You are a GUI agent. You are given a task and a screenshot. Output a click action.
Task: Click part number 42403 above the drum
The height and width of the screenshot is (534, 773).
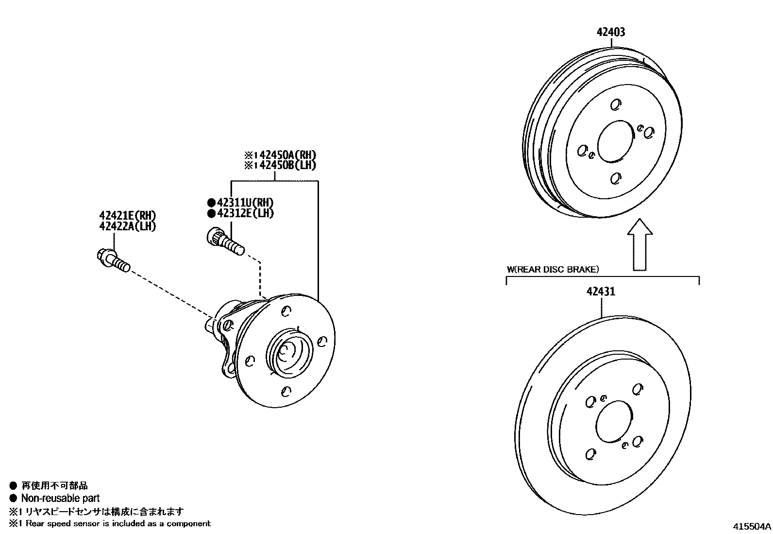coord(611,32)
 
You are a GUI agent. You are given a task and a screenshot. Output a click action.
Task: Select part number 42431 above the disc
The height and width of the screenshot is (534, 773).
coord(601,292)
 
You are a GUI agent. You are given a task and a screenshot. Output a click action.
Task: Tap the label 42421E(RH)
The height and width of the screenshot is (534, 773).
coord(128,216)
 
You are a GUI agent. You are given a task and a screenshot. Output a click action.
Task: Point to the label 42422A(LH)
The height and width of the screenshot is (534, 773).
coord(128,226)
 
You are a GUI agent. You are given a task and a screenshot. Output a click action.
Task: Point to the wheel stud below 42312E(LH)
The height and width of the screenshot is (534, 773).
coord(226,242)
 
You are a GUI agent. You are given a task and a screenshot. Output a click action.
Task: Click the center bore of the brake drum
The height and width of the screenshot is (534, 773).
coord(616,142)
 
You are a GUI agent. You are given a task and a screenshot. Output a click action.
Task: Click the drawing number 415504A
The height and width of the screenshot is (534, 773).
coord(752,526)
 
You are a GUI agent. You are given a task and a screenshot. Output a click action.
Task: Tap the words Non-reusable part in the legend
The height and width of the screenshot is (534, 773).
coord(60,498)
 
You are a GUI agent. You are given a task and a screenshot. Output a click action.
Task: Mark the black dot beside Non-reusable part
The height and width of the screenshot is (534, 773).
coord(13,498)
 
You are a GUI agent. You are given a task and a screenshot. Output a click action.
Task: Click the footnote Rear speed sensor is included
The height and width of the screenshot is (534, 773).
coord(118,523)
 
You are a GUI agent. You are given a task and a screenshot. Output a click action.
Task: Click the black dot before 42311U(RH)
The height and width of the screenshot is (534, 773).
coord(211,203)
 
